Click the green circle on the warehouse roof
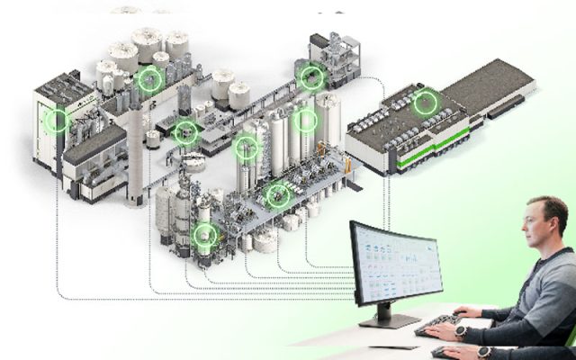tap(425, 103)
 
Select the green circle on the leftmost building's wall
tap(58, 120)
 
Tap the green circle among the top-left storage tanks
tap(150, 80)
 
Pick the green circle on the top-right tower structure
tap(312, 77)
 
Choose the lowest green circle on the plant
tap(206, 237)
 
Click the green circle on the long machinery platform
tap(278, 193)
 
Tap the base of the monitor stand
tap(389, 320)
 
